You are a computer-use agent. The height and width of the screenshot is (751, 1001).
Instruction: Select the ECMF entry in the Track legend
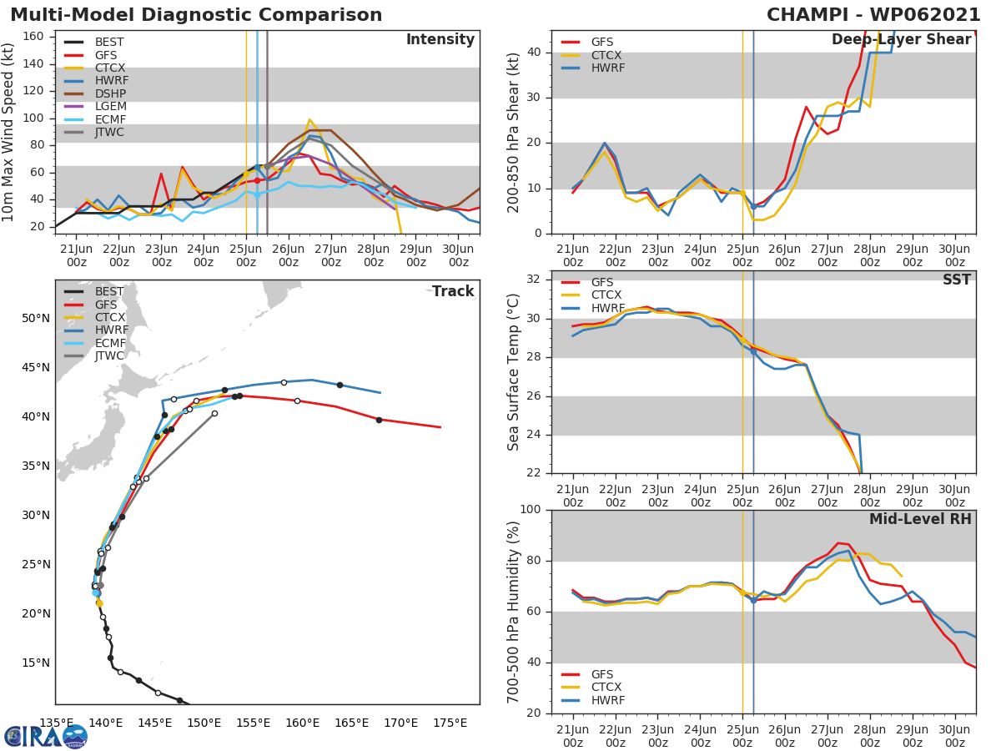[110, 343]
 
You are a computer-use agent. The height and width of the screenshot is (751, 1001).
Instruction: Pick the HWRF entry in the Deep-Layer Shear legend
[607, 68]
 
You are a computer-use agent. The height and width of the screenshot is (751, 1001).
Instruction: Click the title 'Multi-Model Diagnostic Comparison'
[196, 15]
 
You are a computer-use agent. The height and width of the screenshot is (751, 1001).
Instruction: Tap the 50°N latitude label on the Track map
[36, 318]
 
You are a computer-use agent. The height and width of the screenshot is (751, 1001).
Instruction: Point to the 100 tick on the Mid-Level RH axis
[531, 510]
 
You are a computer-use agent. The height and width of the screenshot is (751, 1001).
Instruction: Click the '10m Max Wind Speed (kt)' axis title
[9, 134]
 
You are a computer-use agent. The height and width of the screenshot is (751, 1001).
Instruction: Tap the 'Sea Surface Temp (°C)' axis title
[515, 372]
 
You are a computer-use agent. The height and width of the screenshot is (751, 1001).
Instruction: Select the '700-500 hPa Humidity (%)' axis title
[515, 611]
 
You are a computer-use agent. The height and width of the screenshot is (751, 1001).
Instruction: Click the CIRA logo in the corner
[46, 736]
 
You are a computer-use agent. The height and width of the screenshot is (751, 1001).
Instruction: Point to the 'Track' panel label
[453, 291]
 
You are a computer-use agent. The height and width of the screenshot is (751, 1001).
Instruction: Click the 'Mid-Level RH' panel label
[920, 519]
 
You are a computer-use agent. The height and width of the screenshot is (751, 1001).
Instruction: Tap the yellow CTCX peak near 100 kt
[309, 119]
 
